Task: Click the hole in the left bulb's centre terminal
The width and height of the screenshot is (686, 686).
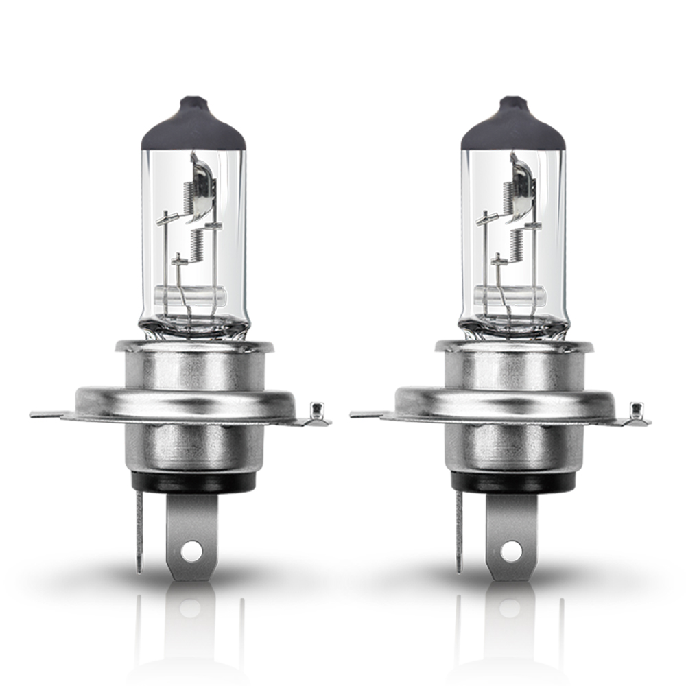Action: pyautogui.click(x=193, y=549)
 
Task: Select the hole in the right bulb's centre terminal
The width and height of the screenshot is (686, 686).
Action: pyautogui.click(x=511, y=549)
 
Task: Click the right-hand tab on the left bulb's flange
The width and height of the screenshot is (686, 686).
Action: pyautogui.click(x=316, y=412)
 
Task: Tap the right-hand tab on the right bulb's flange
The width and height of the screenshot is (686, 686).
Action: pyautogui.click(x=636, y=412)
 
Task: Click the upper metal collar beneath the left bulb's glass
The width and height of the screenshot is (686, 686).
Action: pyautogui.click(x=193, y=367)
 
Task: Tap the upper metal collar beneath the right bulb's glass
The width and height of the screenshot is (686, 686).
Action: pyautogui.click(x=512, y=367)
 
